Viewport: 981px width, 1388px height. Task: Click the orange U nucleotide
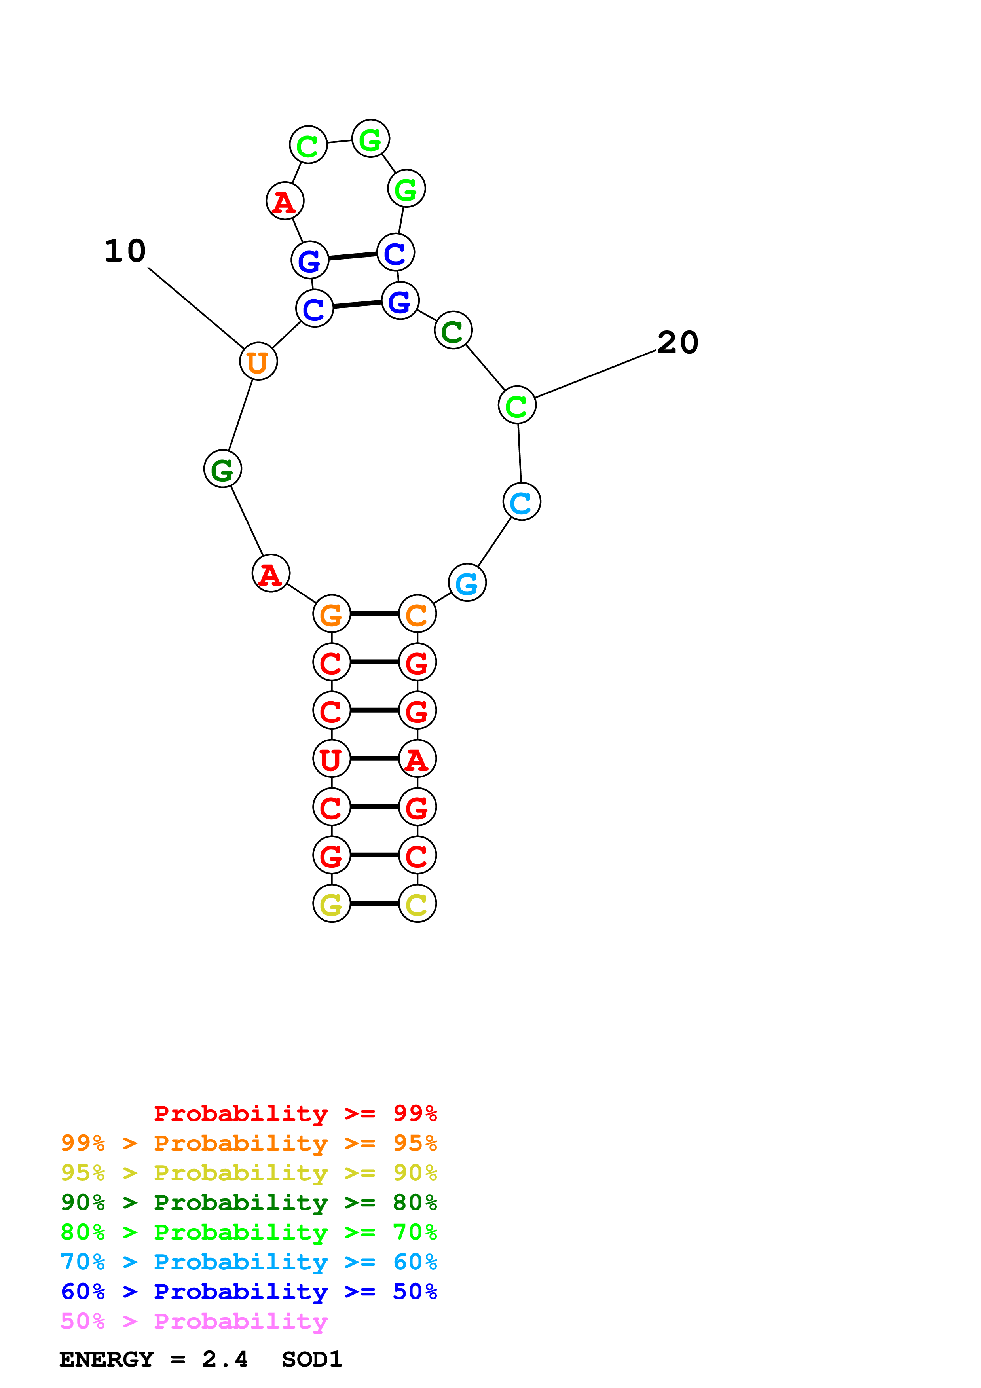pos(258,362)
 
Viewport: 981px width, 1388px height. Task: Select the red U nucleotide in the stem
pos(331,758)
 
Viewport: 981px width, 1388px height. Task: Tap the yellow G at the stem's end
pos(331,903)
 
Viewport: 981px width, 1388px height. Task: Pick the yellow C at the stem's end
pos(417,903)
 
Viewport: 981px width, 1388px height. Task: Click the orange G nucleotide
pos(331,614)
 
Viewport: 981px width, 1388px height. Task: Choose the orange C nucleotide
pos(417,614)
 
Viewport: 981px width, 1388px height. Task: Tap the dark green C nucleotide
pos(453,330)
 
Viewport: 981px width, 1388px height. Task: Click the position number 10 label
pos(125,250)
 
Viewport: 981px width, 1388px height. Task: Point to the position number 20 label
pos(677,343)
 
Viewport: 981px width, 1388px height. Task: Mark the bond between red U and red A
pos(374,758)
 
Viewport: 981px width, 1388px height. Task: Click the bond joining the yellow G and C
pos(374,903)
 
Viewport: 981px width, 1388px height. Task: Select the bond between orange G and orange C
pos(374,614)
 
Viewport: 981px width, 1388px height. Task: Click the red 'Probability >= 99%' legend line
pos(295,1113)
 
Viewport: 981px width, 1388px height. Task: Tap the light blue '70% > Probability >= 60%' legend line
pos(249,1262)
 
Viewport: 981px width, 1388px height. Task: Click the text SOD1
pos(312,1360)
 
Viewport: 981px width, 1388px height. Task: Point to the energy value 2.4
pos(225,1360)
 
